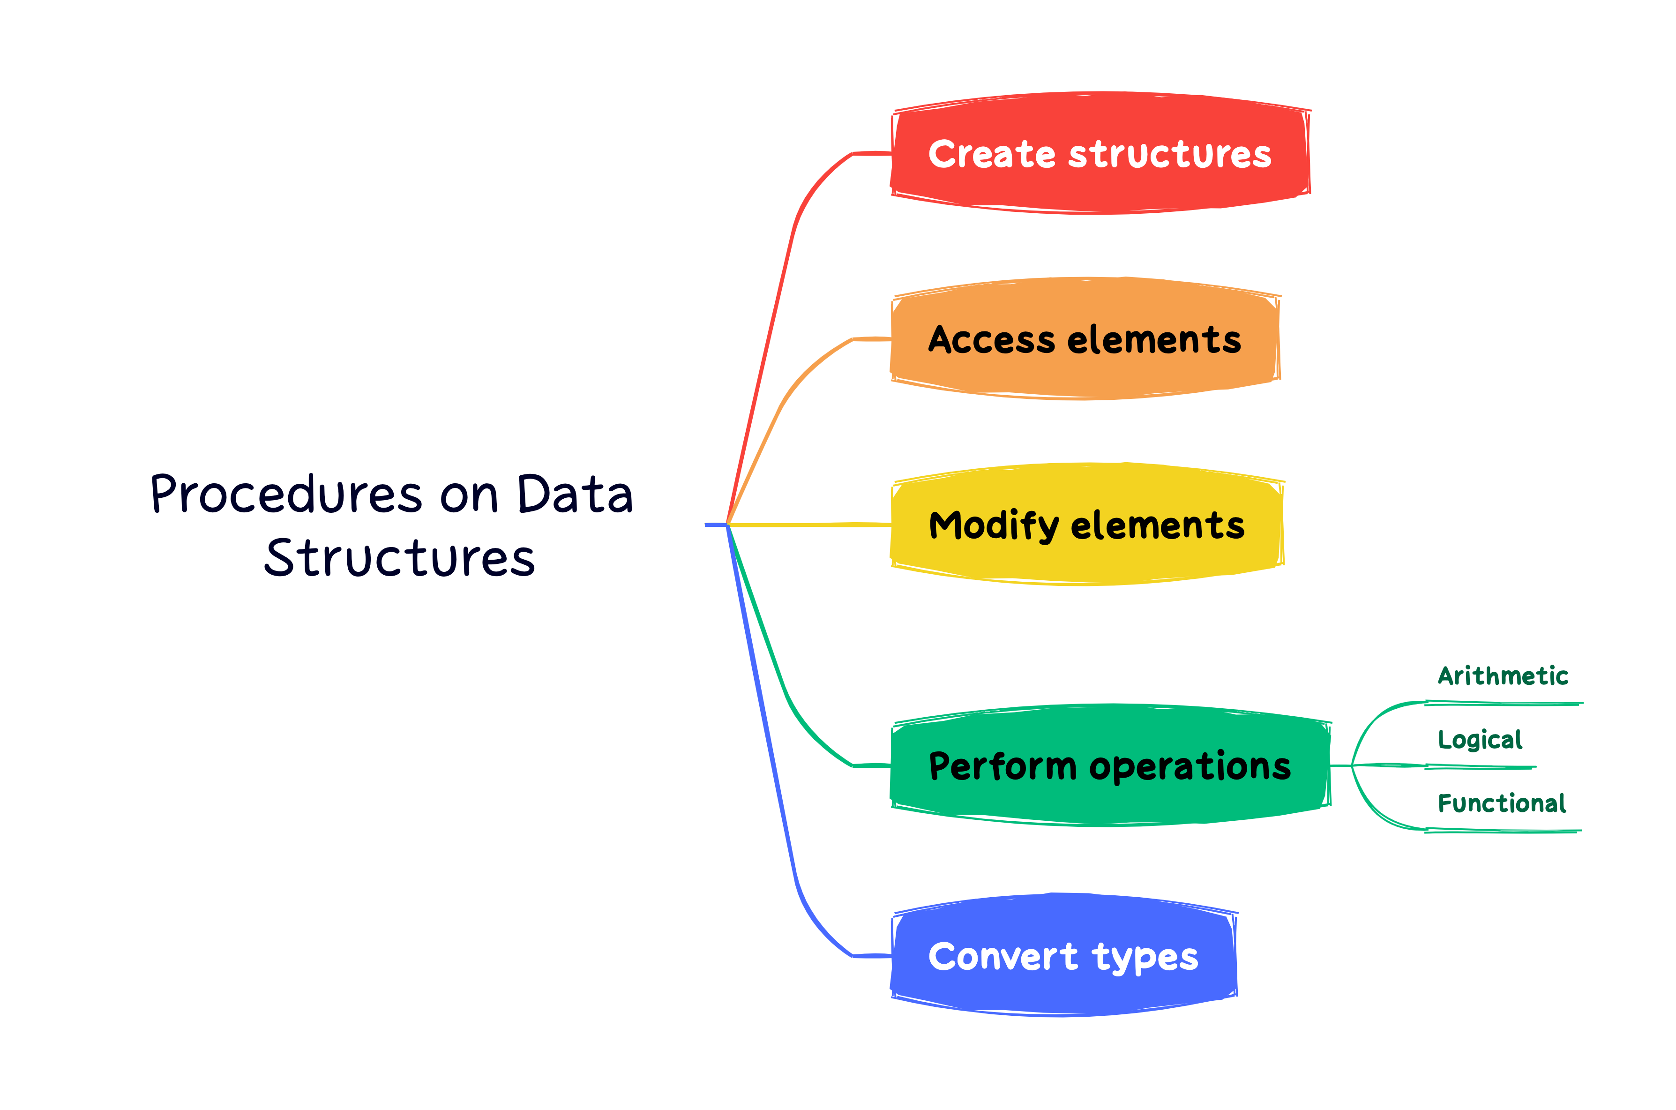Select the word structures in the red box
(1169, 154)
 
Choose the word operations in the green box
(1190, 767)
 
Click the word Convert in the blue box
(1002, 957)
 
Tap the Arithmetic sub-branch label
(1503, 676)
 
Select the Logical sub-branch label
(1479, 740)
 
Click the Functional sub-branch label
(1501, 803)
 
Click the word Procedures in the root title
(286, 494)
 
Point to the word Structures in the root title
(399, 558)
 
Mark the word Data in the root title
(574, 494)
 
